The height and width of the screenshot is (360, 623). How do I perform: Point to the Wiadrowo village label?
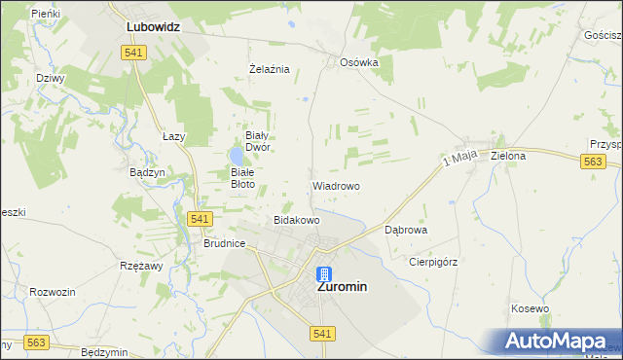[x=336, y=185]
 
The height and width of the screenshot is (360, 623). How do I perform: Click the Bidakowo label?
[x=297, y=220]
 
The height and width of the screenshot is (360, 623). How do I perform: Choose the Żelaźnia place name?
[x=270, y=69]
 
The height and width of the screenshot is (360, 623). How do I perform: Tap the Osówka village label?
[x=358, y=62]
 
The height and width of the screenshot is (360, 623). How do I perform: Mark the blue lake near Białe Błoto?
[x=237, y=156]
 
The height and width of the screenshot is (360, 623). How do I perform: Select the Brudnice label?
[x=224, y=244]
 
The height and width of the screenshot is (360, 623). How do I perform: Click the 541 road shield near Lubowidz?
[x=134, y=53]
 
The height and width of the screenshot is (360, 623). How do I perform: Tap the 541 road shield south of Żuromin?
[x=324, y=334]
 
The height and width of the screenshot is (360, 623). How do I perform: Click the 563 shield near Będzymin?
[x=37, y=342]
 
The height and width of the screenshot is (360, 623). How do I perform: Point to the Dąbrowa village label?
[x=406, y=231]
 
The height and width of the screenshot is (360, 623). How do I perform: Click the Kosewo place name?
[x=531, y=308]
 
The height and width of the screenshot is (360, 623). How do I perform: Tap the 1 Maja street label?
[x=459, y=158]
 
